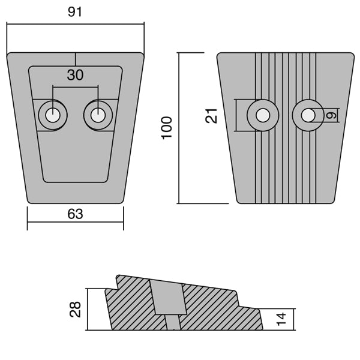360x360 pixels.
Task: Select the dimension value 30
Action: pyautogui.click(x=75, y=75)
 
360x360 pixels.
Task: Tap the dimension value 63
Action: pyautogui.click(x=75, y=214)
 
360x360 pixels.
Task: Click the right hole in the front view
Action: pyautogui.click(x=97, y=114)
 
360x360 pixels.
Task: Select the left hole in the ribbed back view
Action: pyautogui.click(x=262, y=114)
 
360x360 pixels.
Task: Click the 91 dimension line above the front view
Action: pyautogui.click(x=108, y=25)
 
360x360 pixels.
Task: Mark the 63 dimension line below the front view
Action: pyautogui.click(x=54, y=226)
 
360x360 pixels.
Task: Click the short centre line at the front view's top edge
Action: pyautogui.click(x=75, y=59)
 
